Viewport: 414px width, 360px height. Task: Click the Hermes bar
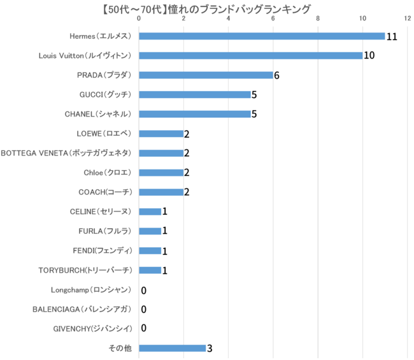pos(262,36)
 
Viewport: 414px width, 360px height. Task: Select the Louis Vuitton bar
pos(250,55)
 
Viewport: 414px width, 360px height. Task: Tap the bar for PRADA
pos(206,75)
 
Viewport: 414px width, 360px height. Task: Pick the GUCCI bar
pos(194,94)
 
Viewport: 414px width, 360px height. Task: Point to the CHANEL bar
pos(194,114)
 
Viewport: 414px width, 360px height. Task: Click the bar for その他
pos(172,348)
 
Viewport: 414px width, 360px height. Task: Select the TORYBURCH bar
pos(150,270)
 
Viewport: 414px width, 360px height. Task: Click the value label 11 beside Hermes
pos(392,37)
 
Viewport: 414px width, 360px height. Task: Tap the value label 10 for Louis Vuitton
pos(369,56)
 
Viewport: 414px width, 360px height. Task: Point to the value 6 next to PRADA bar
pos(277,75)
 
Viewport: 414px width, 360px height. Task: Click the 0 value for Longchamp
pos(144,290)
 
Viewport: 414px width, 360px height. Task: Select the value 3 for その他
pos(210,349)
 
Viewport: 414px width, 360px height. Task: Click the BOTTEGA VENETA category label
pos(66,153)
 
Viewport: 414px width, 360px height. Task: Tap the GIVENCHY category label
pos(93,329)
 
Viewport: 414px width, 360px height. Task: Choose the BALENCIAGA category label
pos(82,309)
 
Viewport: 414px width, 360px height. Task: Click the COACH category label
pos(104,192)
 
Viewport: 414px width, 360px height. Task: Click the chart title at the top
pos(207,8)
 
